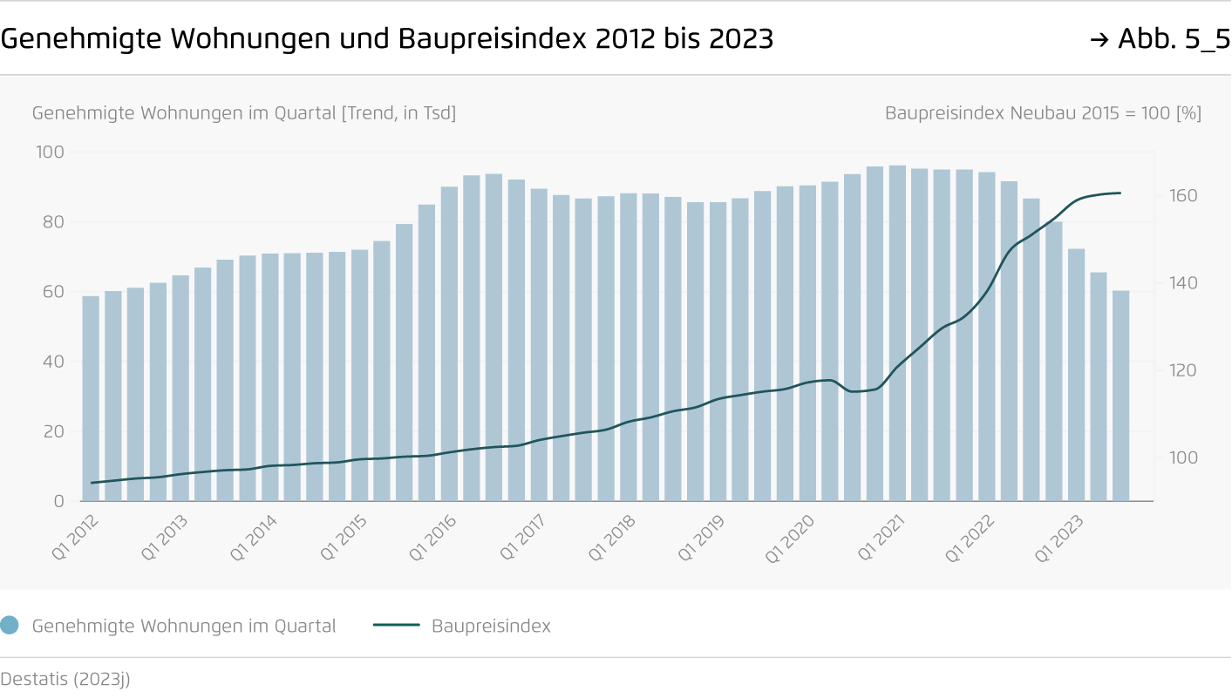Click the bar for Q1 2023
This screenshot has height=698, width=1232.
pyautogui.click(x=1076, y=375)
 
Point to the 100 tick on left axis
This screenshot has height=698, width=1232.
pyautogui.click(x=50, y=152)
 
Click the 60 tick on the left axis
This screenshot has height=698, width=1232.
pyautogui.click(x=52, y=292)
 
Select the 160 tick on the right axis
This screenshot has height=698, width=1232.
pyautogui.click(x=1183, y=196)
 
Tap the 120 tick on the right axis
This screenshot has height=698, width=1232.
pyautogui.click(x=1183, y=370)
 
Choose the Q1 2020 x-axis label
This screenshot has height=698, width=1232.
pyautogui.click(x=790, y=537)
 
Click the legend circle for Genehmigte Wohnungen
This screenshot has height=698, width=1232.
pyautogui.click(x=10, y=625)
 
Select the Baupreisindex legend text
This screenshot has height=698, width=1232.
pyautogui.click(x=491, y=626)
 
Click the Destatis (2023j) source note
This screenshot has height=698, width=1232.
pyautogui.click(x=65, y=679)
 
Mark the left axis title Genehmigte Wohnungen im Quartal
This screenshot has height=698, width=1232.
pyautogui.click(x=244, y=113)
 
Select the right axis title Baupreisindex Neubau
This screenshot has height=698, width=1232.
pyautogui.click(x=1043, y=113)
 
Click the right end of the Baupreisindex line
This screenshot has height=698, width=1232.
pyautogui.click(x=1120, y=193)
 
